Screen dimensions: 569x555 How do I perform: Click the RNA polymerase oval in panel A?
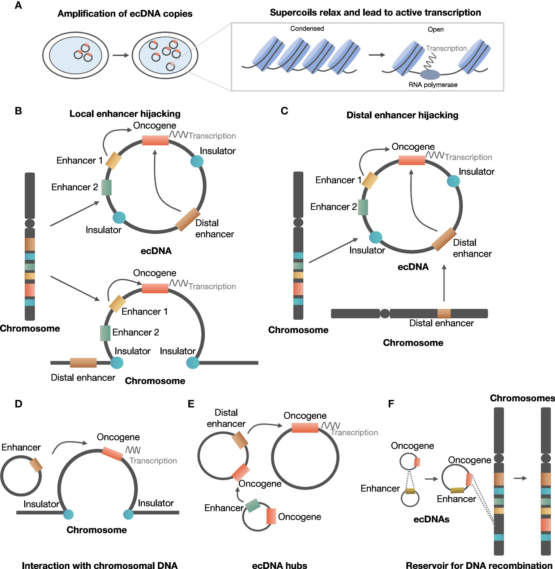tap(430, 75)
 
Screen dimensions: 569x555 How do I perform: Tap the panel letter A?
tap(18, 5)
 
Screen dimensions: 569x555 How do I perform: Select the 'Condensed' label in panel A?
tap(307, 29)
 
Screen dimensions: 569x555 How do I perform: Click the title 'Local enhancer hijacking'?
tap(125, 114)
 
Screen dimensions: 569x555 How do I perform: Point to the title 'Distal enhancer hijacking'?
tap(402, 115)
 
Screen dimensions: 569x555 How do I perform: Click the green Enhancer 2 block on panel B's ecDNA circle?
tap(106, 187)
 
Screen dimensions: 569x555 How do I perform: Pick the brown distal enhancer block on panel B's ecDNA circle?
tap(188, 219)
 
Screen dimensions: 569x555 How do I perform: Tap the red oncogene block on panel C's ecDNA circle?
tap(411, 160)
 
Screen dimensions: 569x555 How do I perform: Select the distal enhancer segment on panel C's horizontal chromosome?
tap(444, 313)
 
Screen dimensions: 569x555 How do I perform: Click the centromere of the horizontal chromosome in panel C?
tap(385, 313)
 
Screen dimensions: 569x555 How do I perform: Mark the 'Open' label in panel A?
tap(435, 29)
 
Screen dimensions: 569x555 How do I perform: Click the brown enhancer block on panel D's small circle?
tap(36, 465)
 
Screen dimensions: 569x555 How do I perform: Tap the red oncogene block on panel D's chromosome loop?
tap(112, 453)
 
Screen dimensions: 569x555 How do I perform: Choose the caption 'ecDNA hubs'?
tap(279, 565)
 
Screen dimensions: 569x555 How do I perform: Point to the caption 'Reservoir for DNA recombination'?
tap(479, 565)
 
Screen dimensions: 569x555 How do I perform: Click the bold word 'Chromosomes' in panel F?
tap(522, 398)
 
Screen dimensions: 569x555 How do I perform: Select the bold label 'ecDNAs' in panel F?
tap(431, 519)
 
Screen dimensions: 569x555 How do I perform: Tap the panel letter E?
tap(191, 404)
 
